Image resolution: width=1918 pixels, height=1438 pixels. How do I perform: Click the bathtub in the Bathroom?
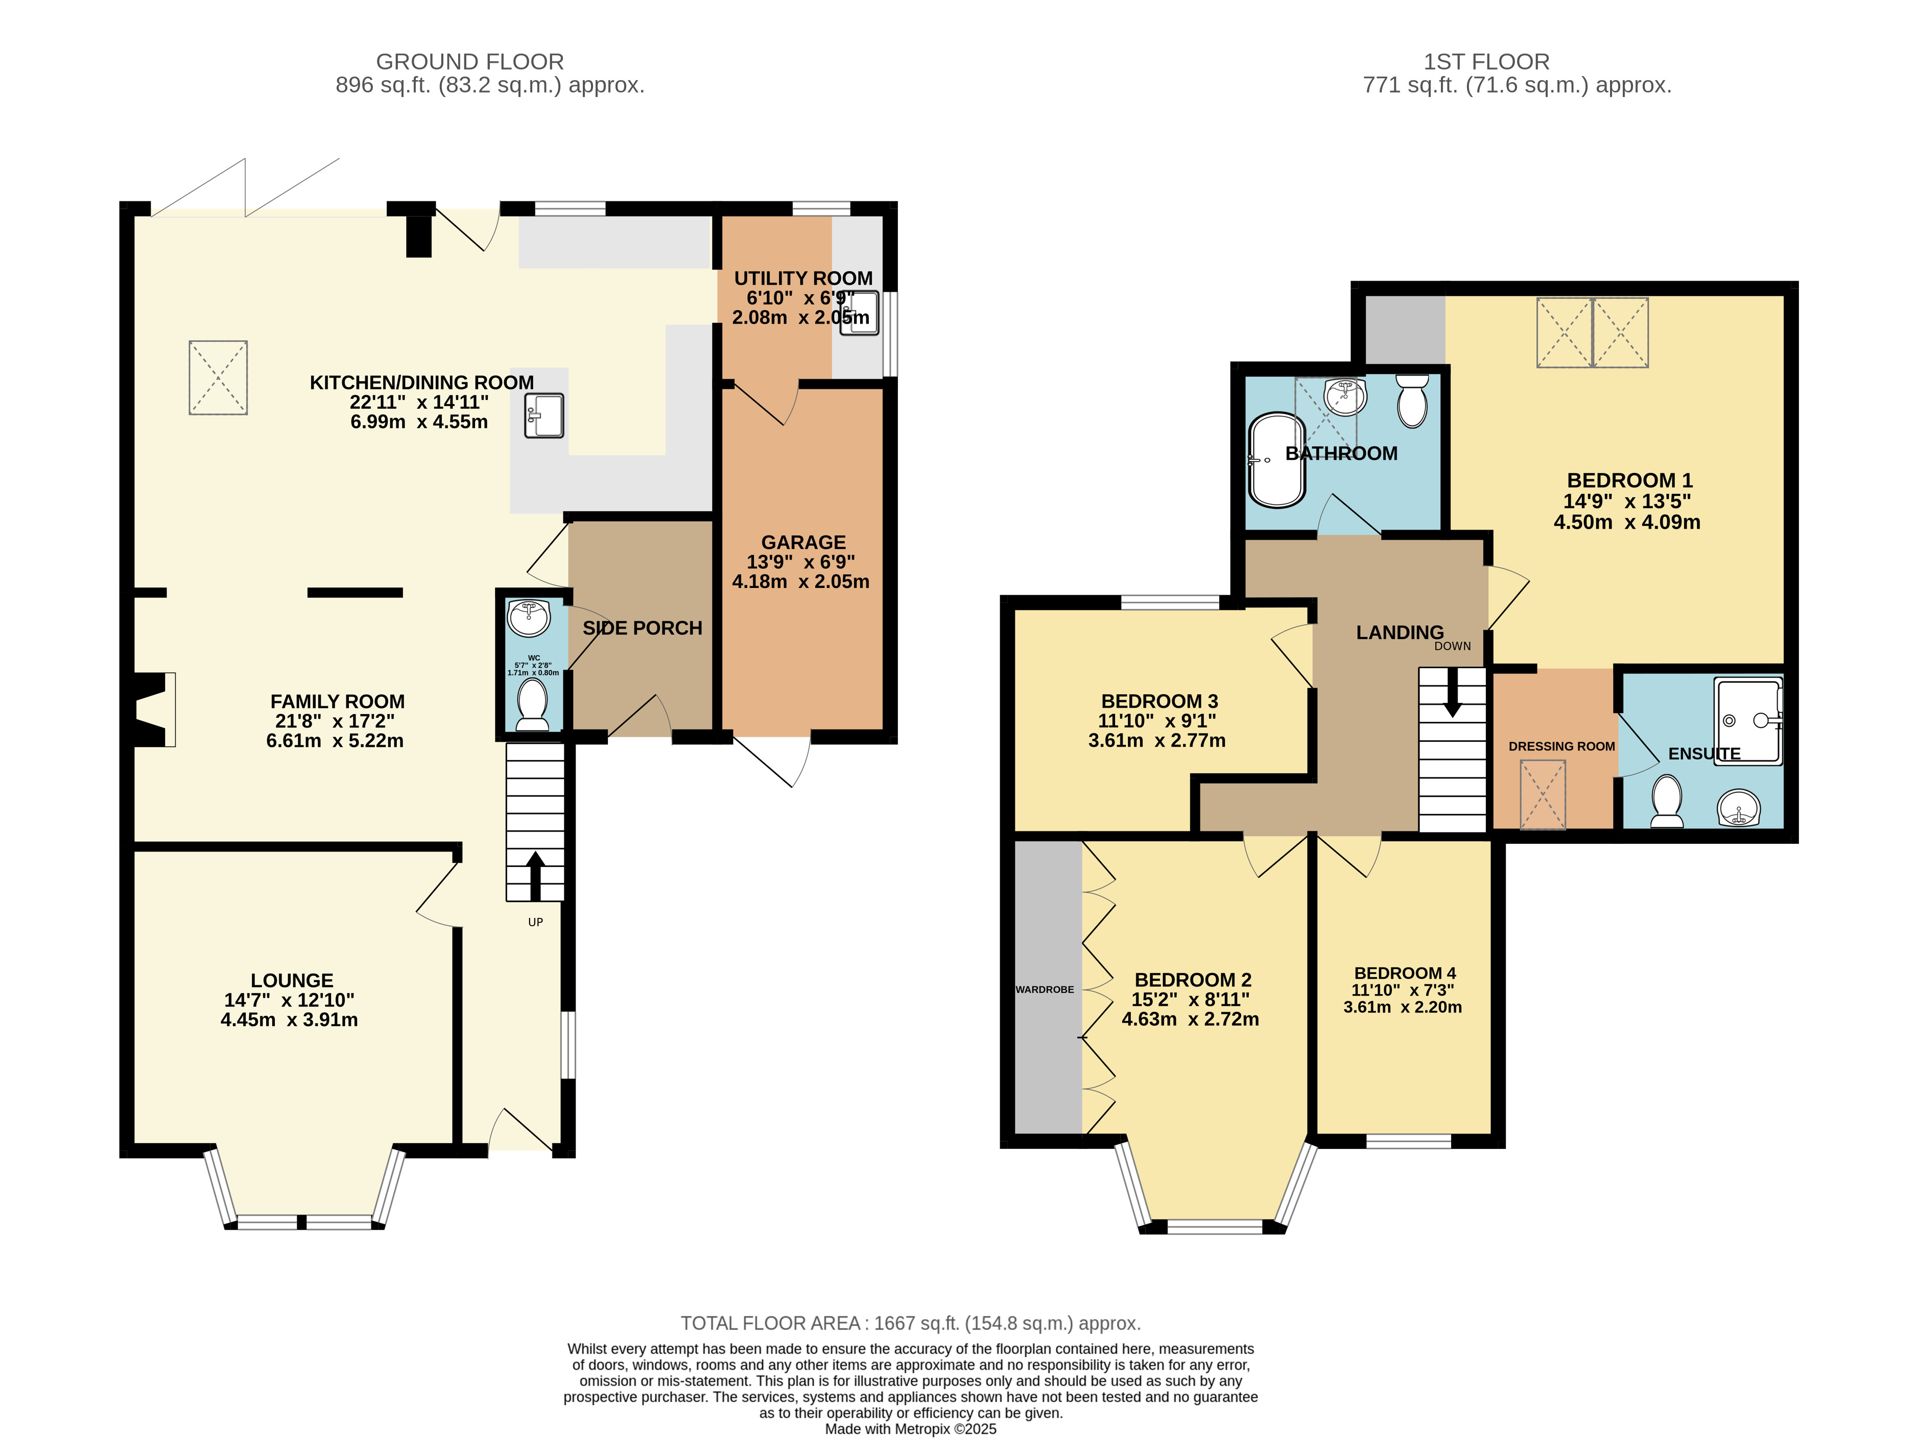coord(1276,460)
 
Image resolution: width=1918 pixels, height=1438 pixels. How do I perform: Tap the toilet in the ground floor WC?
coord(532,704)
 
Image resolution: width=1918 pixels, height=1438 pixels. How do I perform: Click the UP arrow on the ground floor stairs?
coord(535,876)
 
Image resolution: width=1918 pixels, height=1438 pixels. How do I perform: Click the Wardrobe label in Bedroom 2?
coord(1045,989)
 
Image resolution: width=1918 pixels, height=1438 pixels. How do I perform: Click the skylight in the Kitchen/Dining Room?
coord(219,378)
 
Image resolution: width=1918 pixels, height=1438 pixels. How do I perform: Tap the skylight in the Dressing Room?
coord(1543,794)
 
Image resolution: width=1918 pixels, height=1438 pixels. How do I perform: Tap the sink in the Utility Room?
coord(859,313)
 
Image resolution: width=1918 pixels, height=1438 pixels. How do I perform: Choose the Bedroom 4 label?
coord(1405,973)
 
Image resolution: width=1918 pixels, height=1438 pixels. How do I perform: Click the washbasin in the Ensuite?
coord(1739,809)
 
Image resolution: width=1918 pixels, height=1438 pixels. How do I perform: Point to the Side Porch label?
coord(643,628)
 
